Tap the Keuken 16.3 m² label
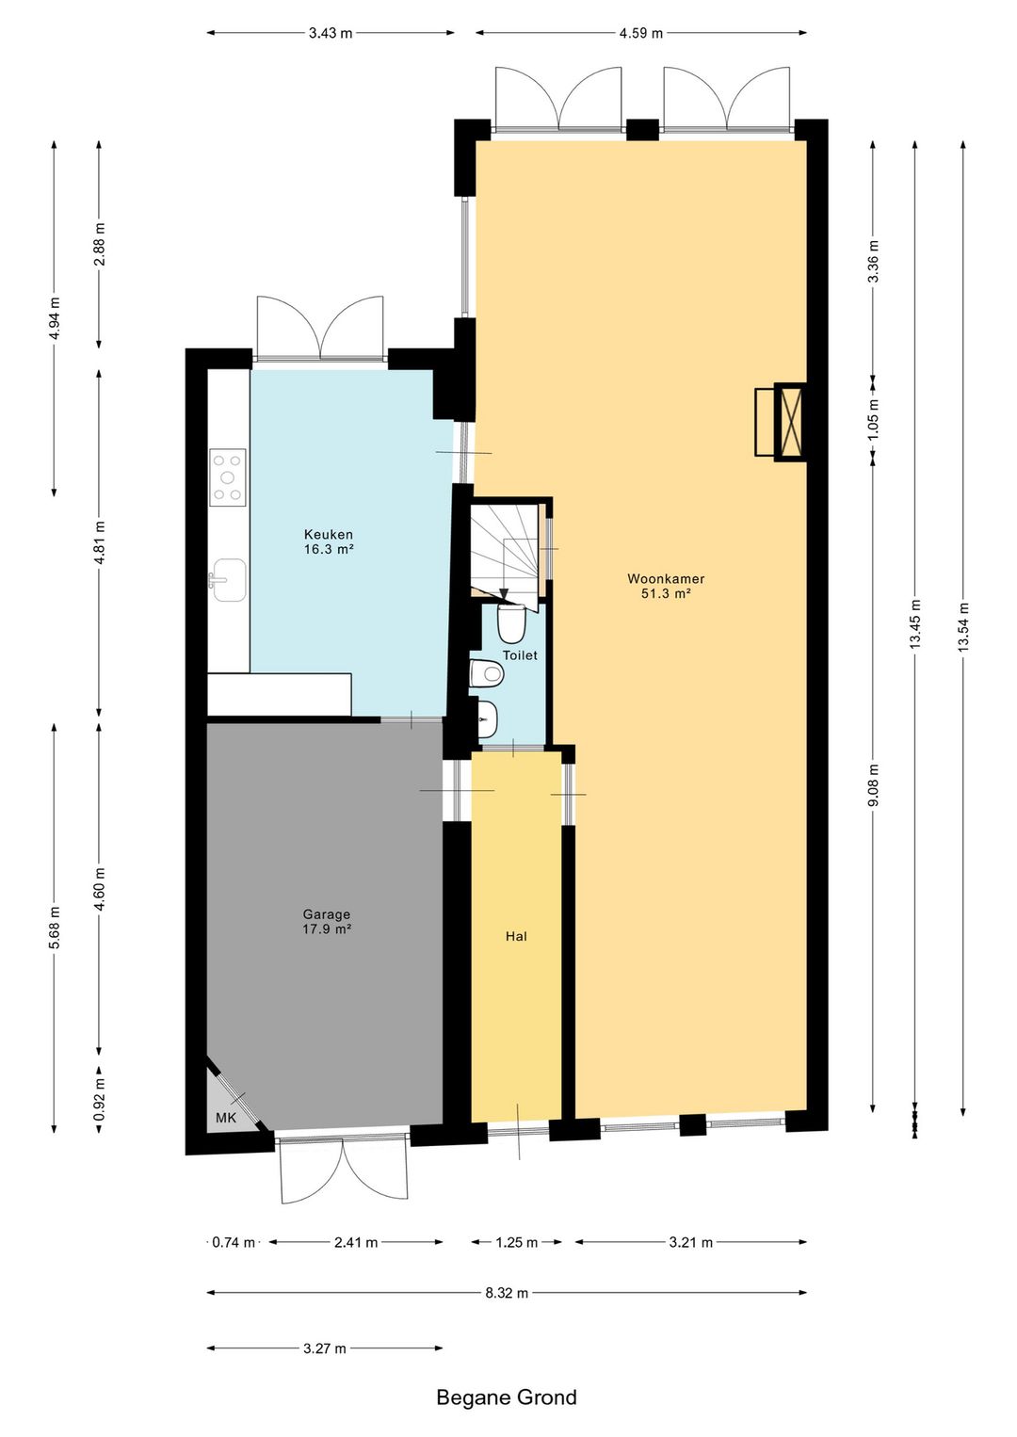(329, 541)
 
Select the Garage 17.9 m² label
(327, 922)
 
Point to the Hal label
(516, 936)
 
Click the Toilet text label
(520, 655)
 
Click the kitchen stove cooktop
(228, 476)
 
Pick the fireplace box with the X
(790, 422)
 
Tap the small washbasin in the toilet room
(487, 718)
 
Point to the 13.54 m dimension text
(963, 628)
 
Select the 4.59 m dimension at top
(641, 33)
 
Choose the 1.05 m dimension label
(873, 421)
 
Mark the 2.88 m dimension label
(99, 245)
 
